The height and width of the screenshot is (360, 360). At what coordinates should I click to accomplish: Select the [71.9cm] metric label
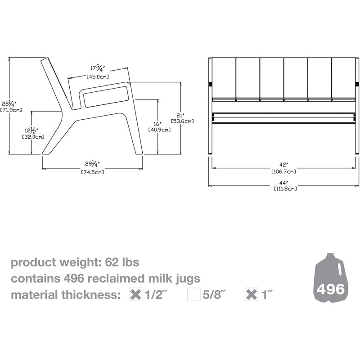(9, 110)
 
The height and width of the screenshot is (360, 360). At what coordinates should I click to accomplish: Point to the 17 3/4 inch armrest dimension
(97, 68)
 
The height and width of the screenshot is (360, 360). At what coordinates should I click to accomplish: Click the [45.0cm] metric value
(97, 77)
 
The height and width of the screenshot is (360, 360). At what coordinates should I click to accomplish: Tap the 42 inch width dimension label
(284, 165)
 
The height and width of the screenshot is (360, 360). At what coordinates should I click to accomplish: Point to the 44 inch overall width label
(284, 182)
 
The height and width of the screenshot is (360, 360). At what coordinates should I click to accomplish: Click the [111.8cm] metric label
(285, 189)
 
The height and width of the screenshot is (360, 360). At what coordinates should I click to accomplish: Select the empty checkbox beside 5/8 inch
(193, 295)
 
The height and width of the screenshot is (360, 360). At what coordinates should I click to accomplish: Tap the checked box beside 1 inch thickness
(252, 295)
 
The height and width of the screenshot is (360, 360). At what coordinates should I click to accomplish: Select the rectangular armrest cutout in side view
(106, 96)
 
